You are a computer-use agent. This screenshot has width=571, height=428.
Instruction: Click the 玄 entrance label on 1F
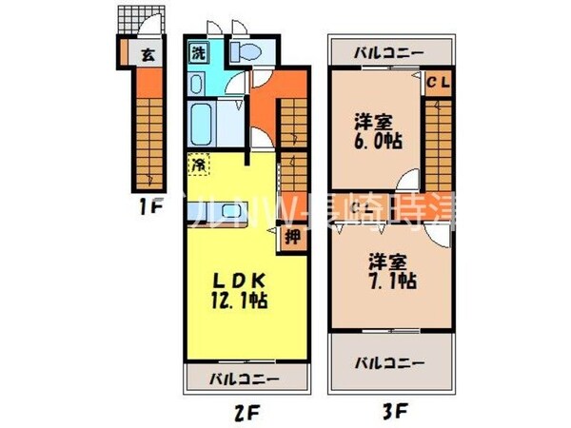click(148, 55)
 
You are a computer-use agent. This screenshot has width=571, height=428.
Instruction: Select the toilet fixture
click(245, 53)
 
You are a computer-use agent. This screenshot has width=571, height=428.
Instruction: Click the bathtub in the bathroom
click(206, 122)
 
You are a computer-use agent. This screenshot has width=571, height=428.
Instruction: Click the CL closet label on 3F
click(437, 82)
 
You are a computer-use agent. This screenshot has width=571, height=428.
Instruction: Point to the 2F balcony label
click(246, 379)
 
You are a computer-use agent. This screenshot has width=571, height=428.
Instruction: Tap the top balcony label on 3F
click(389, 53)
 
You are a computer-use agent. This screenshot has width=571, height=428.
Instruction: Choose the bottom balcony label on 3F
click(389, 362)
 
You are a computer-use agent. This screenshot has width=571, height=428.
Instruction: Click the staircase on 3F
click(438, 143)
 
